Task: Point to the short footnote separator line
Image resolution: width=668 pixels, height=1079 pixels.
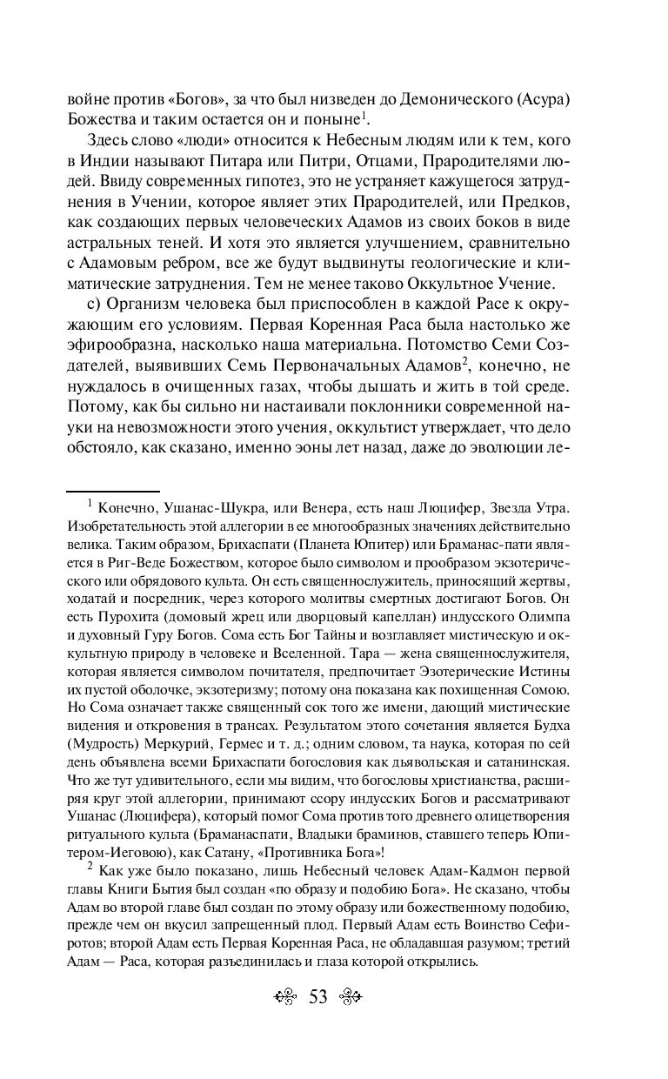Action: coord(113,492)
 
